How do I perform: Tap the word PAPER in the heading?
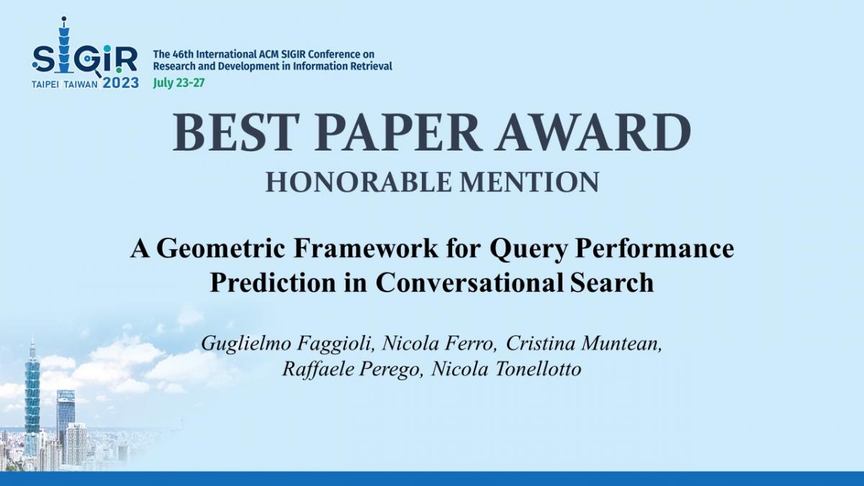pos(398,132)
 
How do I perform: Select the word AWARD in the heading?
pos(593,132)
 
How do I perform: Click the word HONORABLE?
pos(359,182)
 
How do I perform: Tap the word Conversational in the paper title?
pos(469,282)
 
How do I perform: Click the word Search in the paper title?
pos(612,282)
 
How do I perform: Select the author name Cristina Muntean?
pos(584,343)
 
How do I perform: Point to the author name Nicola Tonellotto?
pos(506,369)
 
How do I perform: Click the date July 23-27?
pos(179,84)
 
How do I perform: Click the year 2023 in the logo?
pos(121,83)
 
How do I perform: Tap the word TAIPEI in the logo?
pos(45,85)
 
